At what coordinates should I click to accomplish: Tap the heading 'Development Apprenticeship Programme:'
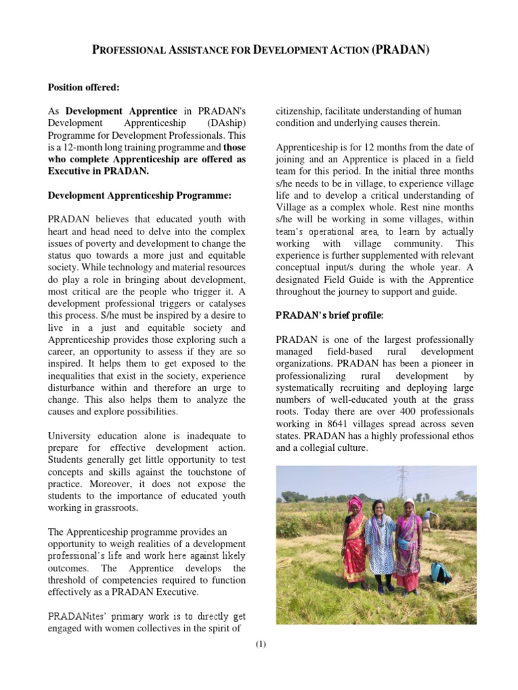pyautogui.click(x=139, y=195)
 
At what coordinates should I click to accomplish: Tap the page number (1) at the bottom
pyautogui.click(x=260, y=644)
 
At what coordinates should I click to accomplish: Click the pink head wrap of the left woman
pyautogui.click(x=355, y=503)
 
